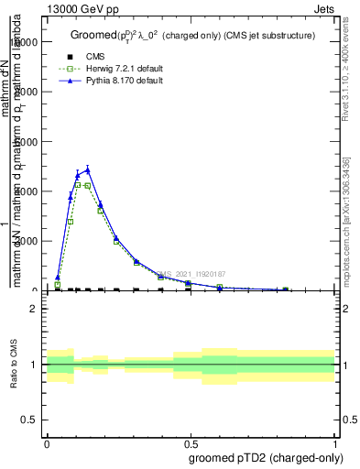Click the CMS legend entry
[95, 57]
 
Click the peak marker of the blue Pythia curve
[88, 169]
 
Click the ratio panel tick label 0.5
[29, 420]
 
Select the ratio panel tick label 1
[34, 365]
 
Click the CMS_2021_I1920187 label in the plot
[190, 274]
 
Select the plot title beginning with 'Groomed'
[192, 36]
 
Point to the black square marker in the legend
[70, 57]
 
